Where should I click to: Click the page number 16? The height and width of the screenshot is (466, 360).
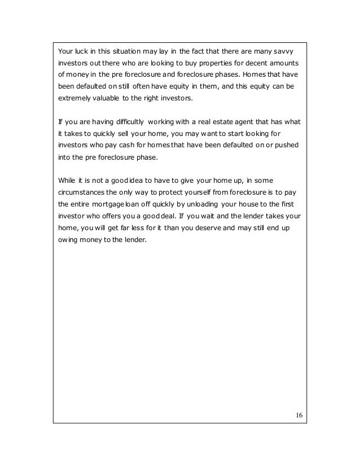(299, 416)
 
